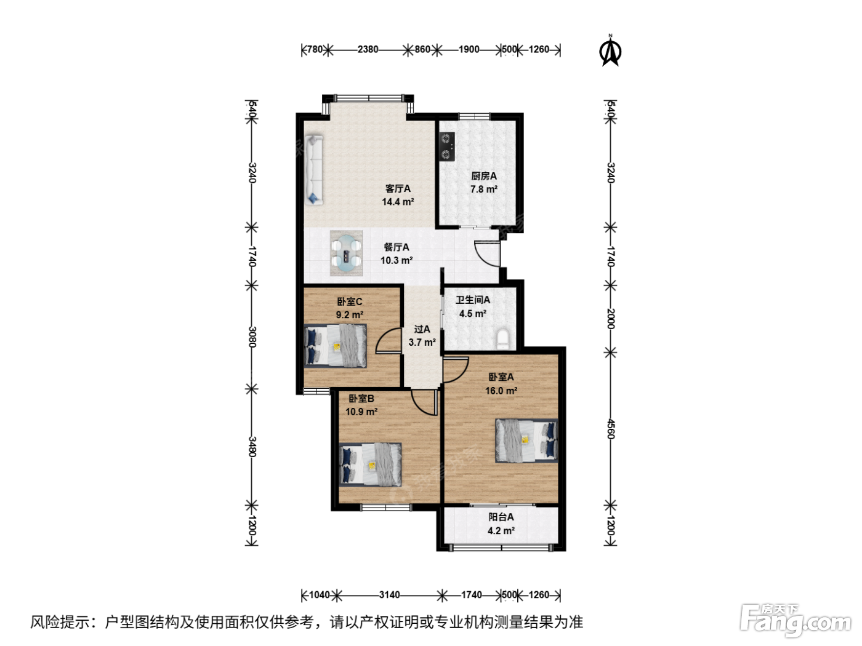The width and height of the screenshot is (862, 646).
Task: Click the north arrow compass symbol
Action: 611,50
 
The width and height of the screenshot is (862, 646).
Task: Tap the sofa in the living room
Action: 314,170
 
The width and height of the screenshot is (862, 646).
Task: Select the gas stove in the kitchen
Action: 447,146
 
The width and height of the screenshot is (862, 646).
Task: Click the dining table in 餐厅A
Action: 346,253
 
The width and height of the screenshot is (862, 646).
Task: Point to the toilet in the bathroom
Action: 502,340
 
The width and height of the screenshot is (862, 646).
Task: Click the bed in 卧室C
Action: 336,346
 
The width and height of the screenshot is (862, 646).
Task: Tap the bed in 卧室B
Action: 370,465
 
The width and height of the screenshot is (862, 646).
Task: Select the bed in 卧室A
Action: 526,441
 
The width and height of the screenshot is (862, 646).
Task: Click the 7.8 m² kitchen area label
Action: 484,189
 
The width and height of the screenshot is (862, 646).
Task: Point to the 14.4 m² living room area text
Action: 398,202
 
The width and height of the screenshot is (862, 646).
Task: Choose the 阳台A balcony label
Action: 501,517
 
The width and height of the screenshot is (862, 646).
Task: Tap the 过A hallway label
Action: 422,329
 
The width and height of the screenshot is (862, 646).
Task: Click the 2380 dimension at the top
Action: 368,49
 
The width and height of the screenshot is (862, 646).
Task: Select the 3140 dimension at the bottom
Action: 389,595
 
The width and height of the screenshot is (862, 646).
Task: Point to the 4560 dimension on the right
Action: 611,429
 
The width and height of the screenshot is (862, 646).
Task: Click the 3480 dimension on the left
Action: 252,447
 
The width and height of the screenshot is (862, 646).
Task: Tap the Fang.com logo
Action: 796,621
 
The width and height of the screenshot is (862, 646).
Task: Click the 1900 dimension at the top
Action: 469,49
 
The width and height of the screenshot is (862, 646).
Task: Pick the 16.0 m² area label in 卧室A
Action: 501,391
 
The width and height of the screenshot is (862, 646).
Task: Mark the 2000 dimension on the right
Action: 611,319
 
